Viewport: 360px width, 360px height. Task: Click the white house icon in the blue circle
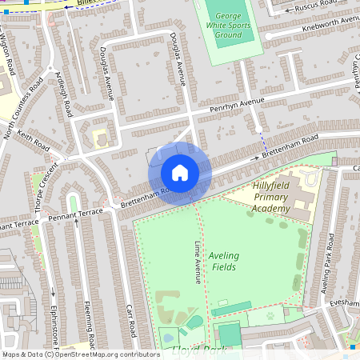pyautogui.click(x=180, y=172)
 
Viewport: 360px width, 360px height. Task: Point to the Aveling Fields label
pyautogui.click(x=223, y=261)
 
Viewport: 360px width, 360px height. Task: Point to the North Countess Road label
pyautogui.click(x=23, y=109)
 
